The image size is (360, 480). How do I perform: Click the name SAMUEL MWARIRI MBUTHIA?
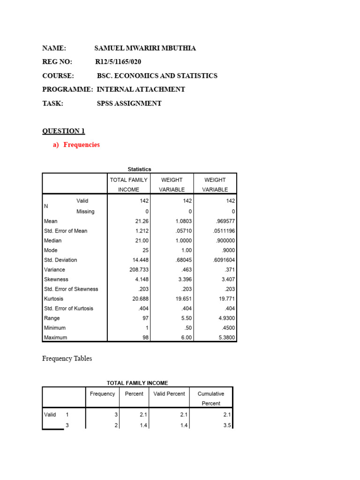[x=145, y=48]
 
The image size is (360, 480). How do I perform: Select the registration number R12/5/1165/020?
[x=118, y=62]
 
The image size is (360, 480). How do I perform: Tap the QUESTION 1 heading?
[x=64, y=131]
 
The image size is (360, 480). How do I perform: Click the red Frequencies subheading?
[x=81, y=145]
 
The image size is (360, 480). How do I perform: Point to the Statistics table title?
[x=140, y=169]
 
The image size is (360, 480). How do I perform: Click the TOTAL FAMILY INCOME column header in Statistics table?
[x=128, y=184]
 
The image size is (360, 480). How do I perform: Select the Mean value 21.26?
[x=142, y=221]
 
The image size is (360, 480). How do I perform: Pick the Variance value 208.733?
[x=139, y=270]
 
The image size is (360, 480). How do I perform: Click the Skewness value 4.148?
[x=141, y=279]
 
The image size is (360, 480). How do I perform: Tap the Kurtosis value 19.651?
[x=183, y=299]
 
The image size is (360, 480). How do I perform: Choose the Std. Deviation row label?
[x=60, y=260]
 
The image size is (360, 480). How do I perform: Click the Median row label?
[x=52, y=240]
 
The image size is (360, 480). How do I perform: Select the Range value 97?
[x=145, y=318]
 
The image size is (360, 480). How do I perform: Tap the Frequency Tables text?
[x=67, y=359]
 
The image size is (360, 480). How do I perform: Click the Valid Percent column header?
[x=169, y=394]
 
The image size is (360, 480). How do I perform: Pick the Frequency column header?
[x=102, y=394]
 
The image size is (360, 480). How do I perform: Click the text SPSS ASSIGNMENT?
[x=129, y=104]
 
